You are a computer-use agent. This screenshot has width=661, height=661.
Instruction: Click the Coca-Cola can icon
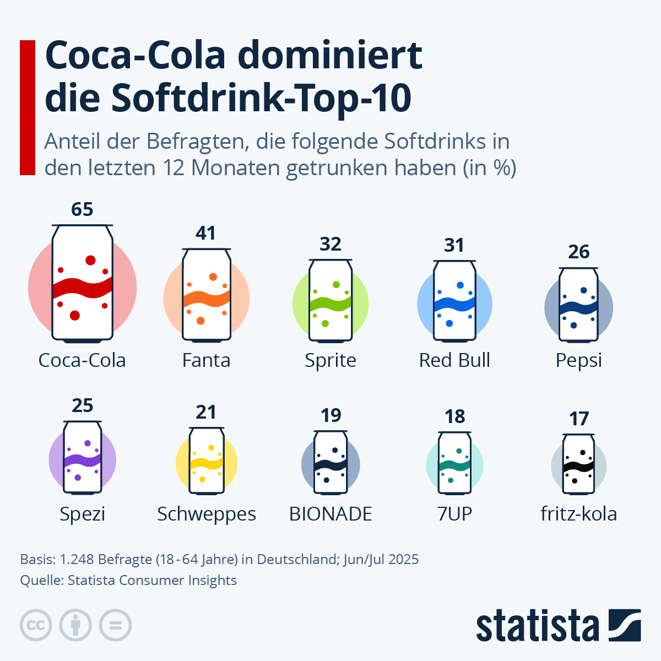tap(82, 284)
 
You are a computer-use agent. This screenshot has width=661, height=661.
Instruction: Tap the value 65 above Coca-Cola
tap(82, 209)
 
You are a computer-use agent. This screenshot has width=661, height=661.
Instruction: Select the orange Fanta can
tap(207, 295)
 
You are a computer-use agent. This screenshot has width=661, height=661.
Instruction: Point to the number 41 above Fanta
tap(206, 233)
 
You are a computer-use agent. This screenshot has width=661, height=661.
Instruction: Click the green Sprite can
tap(330, 301)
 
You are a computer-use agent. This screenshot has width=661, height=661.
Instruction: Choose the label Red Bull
tap(454, 360)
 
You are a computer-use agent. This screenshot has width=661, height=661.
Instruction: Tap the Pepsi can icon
tap(578, 306)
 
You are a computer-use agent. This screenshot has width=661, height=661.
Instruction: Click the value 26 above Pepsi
tap(578, 252)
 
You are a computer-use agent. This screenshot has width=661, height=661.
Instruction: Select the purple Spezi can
tap(83, 457)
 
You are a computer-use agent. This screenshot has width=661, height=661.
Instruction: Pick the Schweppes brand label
tap(207, 514)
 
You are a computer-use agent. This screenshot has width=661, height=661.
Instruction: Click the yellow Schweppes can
tap(207, 460)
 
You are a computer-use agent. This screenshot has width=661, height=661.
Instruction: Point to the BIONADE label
tap(330, 514)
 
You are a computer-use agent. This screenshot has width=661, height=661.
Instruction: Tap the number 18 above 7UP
tap(455, 417)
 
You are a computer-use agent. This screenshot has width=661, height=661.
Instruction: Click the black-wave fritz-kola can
tap(579, 464)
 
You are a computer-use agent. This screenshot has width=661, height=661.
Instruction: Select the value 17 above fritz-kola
tap(579, 419)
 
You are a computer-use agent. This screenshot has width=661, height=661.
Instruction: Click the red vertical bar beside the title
tap(28, 107)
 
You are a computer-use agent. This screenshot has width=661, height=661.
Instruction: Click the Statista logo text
tap(537, 626)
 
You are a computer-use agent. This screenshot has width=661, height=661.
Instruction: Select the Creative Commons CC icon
tap(36, 626)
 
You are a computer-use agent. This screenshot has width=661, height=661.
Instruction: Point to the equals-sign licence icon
tap(116, 626)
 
